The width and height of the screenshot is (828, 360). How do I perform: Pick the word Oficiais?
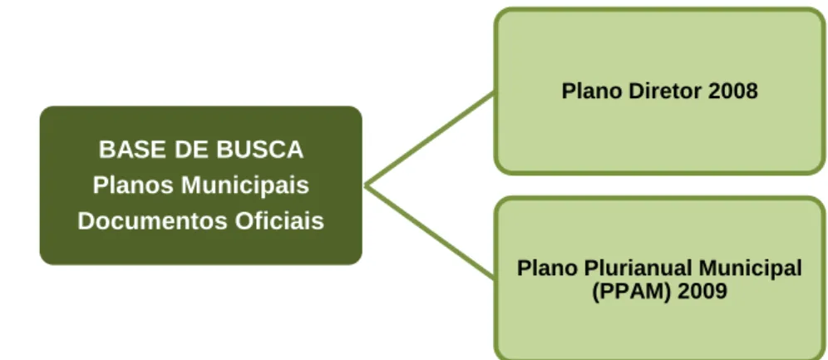point(278,220)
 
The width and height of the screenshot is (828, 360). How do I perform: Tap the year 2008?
point(733,91)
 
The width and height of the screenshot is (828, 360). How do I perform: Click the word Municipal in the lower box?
point(750,269)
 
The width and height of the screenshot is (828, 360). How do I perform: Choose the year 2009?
point(702,291)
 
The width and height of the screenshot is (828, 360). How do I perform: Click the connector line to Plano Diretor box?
point(429,140)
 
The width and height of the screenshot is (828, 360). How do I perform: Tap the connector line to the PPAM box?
point(429,231)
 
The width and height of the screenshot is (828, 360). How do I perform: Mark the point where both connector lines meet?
point(366,185)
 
